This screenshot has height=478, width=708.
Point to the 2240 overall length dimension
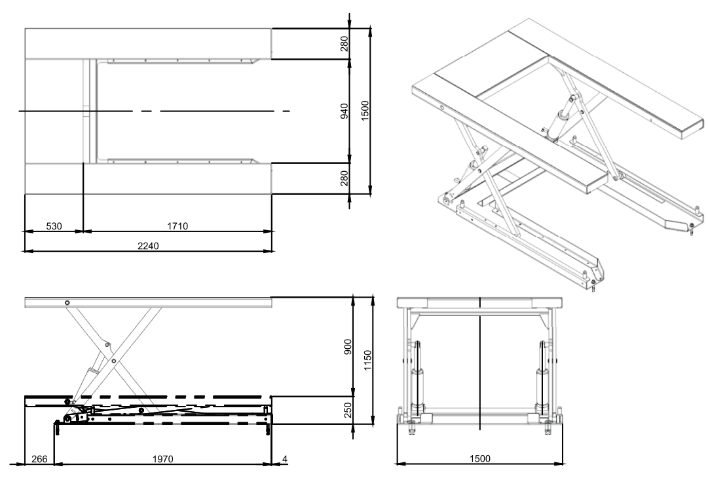tap(148, 246)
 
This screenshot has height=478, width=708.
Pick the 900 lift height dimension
tap(348, 346)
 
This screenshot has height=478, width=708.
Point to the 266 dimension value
tap(39, 460)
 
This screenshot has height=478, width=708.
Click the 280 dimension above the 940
tap(345, 43)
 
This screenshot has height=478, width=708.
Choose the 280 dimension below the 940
tap(345, 178)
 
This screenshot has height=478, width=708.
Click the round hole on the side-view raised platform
tap(67, 302)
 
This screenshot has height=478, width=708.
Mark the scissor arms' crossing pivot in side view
tap(113, 361)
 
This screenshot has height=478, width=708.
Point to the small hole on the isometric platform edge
tap(442, 110)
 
